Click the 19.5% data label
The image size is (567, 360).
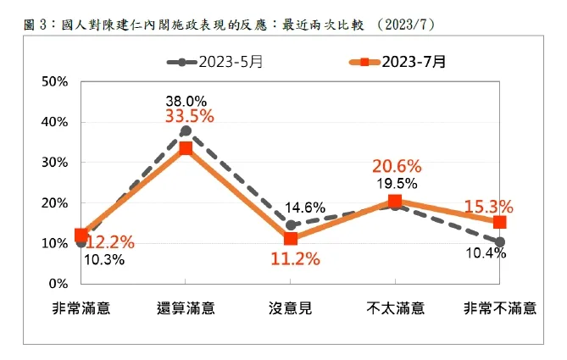point(394,184)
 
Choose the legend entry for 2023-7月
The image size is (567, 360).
point(397,62)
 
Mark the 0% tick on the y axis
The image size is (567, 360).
point(58,283)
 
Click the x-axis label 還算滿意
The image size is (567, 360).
point(186,307)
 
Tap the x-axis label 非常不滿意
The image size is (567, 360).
point(499,307)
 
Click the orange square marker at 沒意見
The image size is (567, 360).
point(291,238)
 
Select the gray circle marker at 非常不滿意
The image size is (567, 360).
point(500,241)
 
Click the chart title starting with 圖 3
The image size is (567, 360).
point(230,25)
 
